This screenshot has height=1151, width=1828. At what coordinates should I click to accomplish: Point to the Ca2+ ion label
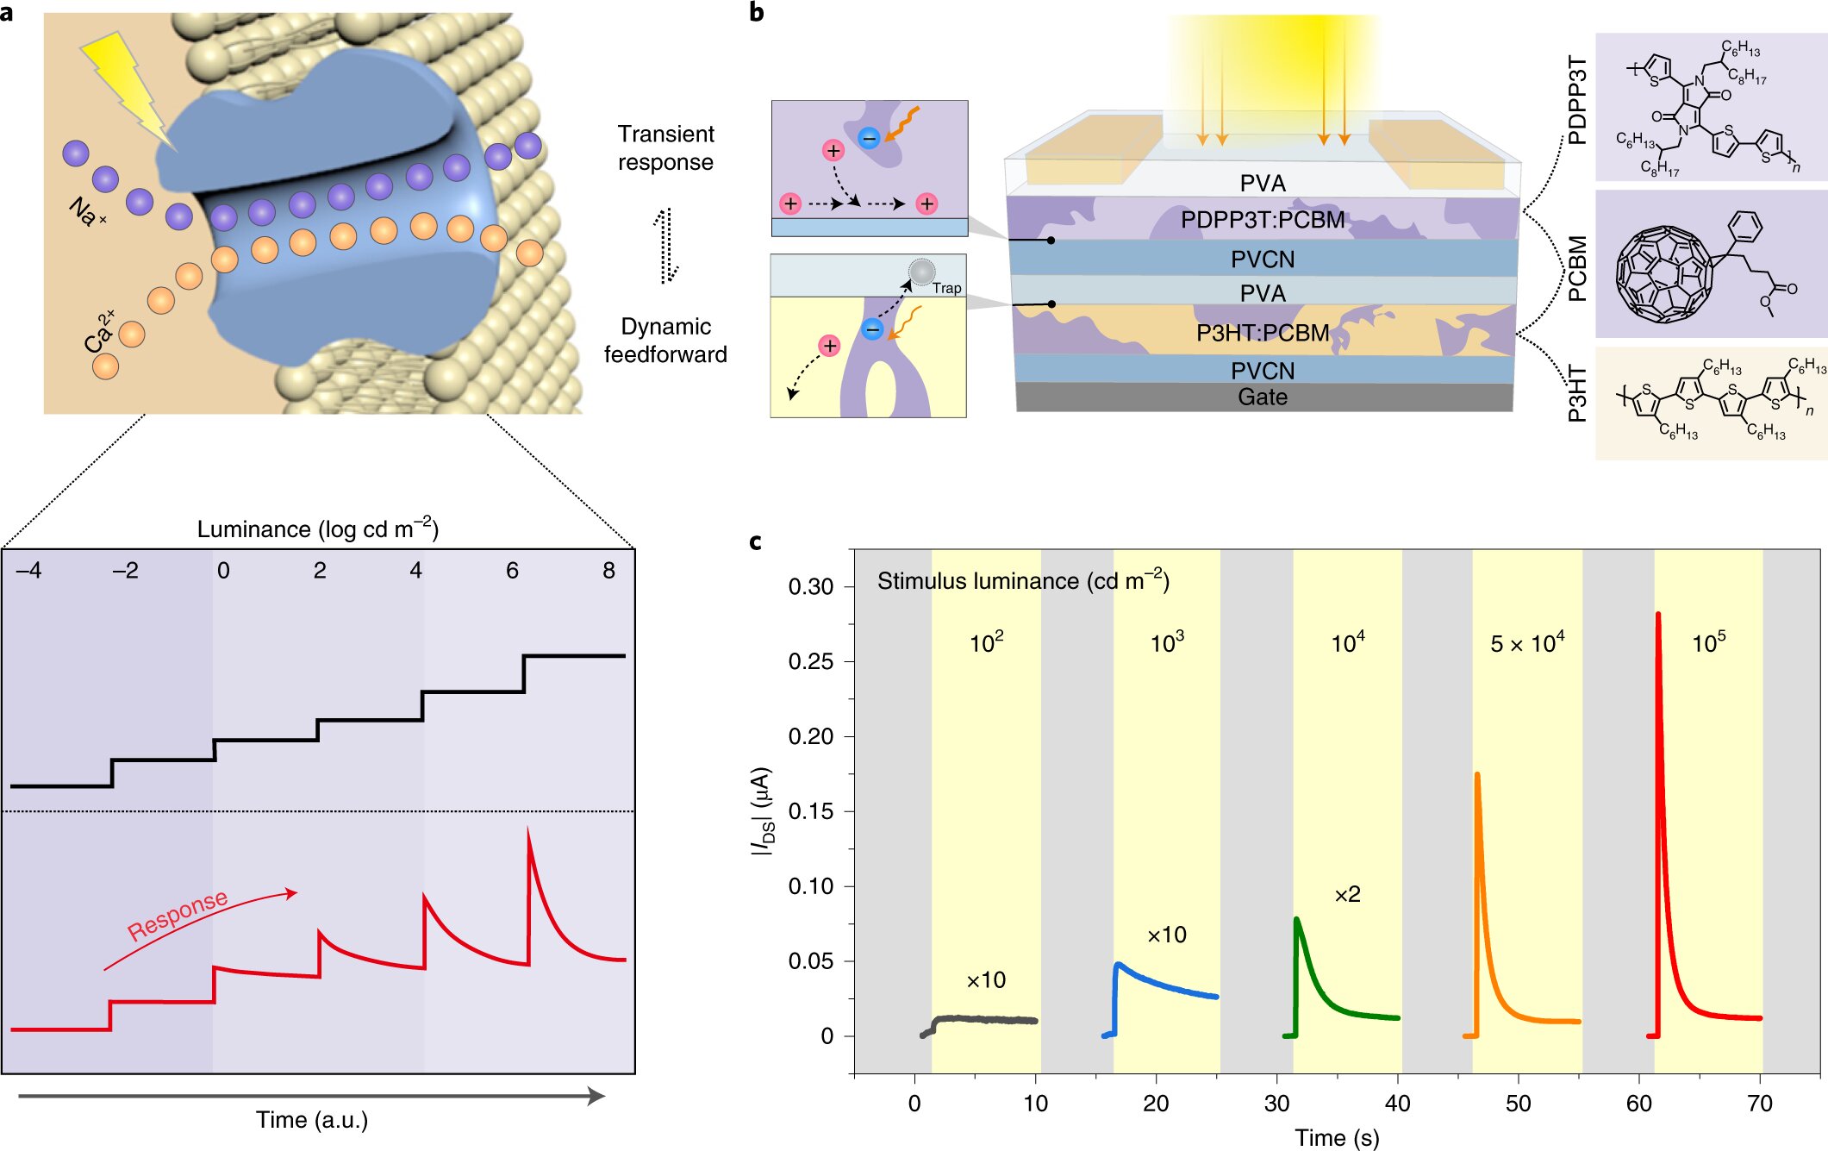[100, 331]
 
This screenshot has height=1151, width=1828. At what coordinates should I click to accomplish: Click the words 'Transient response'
[665, 147]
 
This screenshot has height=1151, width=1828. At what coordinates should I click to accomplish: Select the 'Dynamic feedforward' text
[665, 340]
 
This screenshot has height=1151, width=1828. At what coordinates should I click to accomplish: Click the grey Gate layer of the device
[1263, 397]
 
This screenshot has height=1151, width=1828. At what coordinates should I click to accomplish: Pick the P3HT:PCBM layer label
[1263, 333]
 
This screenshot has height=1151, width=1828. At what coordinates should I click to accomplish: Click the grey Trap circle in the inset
[921, 272]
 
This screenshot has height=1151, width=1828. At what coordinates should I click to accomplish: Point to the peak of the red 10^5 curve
[1658, 615]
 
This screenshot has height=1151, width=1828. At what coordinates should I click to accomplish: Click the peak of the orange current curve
[1477, 775]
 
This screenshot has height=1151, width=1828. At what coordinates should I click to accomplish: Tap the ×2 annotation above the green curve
[1347, 894]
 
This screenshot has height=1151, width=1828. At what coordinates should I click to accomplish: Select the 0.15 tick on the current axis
[810, 811]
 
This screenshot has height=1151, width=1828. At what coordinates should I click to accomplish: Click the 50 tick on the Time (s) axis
[1519, 1103]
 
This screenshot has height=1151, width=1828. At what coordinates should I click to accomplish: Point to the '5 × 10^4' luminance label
[1527, 642]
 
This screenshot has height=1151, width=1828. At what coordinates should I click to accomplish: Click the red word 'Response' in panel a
[178, 915]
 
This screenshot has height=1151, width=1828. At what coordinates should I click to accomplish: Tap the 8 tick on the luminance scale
[609, 571]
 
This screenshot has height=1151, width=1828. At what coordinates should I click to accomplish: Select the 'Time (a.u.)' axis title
[312, 1120]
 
